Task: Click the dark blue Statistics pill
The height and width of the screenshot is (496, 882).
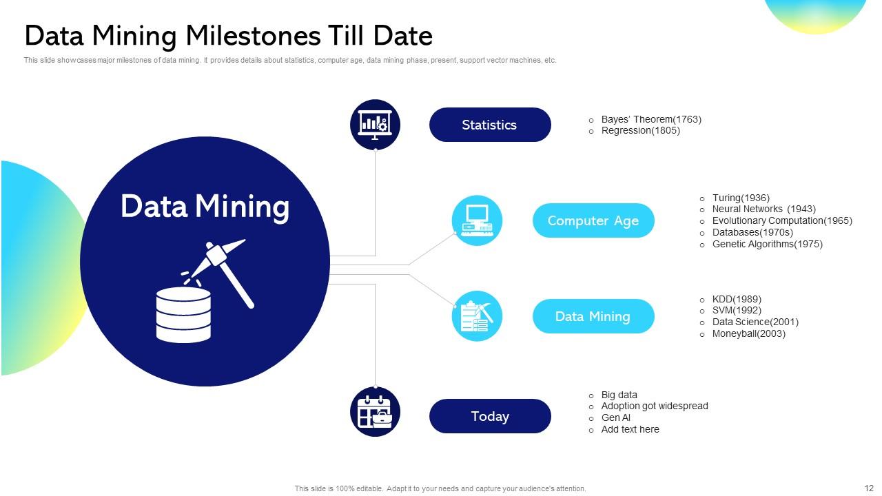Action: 490,125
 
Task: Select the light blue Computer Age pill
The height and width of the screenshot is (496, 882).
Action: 593,220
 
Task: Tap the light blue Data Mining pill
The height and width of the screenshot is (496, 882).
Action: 593,316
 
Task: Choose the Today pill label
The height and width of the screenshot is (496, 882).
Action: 490,416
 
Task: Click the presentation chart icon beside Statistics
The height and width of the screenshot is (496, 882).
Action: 375,125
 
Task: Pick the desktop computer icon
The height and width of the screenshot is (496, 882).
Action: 477,220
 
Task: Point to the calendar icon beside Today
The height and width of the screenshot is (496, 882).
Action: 375,411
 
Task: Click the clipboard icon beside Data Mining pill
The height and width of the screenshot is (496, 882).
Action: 477,316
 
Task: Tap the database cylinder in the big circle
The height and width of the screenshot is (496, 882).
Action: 183,315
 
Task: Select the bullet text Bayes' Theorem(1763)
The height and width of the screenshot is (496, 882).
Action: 650,119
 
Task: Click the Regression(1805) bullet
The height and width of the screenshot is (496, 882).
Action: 640,130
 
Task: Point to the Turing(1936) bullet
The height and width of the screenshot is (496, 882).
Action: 741,198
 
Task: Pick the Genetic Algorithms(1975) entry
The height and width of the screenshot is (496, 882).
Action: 767,244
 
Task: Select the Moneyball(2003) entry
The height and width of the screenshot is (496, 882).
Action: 748,333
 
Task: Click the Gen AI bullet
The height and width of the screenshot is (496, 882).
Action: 615,417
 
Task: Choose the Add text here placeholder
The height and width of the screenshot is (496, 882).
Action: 630,429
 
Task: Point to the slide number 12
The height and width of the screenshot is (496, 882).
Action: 868,488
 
